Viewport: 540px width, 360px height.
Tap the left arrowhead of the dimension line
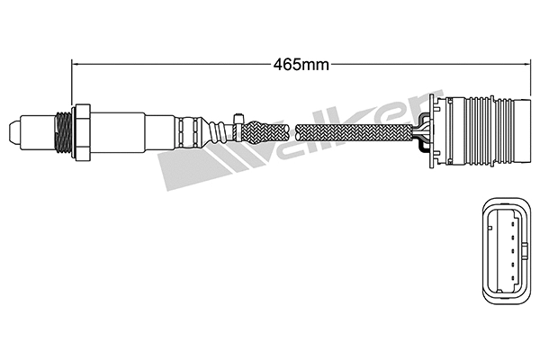[76, 64]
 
